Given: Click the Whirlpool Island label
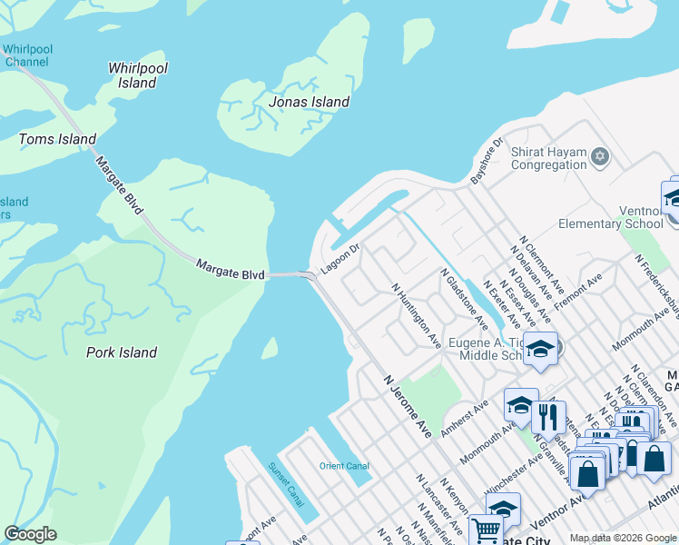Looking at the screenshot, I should click(x=137, y=75).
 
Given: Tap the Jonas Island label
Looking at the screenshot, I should click(x=309, y=102).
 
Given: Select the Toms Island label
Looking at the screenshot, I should click(x=58, y=139).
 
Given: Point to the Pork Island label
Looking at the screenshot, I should click(x=122, y=352).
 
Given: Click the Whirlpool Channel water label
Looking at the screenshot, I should click(x=27, y=55).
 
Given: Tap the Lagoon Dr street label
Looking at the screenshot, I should click(x=340, y=253).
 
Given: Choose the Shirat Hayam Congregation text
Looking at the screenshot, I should click(x=549, y=158).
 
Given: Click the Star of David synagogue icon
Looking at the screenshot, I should click(x=598, y=158).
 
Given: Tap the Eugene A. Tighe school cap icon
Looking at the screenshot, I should click(x=540, y=350).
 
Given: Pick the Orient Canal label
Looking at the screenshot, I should click(x=344, y=466).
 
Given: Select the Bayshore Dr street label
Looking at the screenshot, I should click(x=487, y=162).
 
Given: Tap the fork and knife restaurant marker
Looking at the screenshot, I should click(x=547, y=416).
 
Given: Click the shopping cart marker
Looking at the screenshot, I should click(x=487, y=530).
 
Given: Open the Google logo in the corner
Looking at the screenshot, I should click(x=30, y=534).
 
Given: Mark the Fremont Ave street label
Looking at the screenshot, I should click(x=578, y=291).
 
